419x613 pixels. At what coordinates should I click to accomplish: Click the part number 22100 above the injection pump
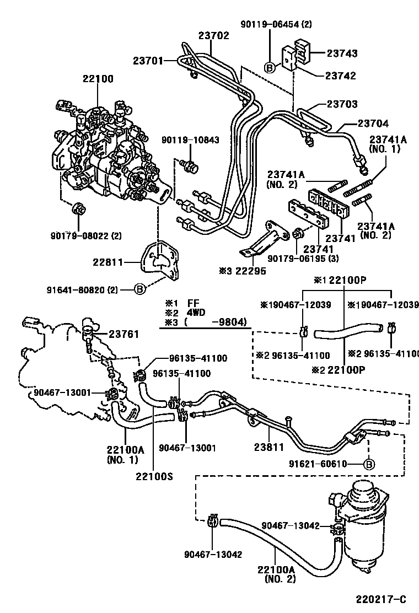pos(98,79)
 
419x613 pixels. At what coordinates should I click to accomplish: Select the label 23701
pos(148,61)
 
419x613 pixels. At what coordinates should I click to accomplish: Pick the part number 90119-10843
pos(190,140)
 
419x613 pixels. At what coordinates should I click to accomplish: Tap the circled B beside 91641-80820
pos(140,288)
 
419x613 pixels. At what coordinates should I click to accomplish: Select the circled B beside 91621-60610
pos(369,464)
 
